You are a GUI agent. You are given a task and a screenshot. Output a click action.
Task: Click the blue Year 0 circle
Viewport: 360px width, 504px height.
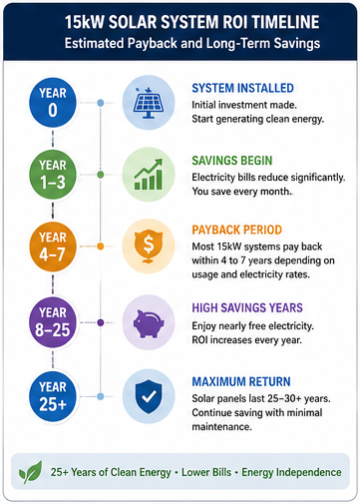click(x=53, y=103)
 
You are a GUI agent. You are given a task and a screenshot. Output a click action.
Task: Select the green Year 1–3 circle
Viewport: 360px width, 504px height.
click(x=53, y=175)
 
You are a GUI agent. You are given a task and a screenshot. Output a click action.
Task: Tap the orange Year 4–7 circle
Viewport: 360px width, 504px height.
click(x=53, y=247)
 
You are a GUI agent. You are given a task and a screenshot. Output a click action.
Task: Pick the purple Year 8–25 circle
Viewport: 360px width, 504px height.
click(x=53, y=322)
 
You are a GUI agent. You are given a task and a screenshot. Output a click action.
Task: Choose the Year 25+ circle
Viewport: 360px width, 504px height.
click(x=53, y=396)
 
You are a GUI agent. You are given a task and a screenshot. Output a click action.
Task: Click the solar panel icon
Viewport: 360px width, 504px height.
click(x=149, y=103)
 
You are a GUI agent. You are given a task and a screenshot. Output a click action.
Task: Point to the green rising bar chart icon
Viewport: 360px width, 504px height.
click(x=149, y=175)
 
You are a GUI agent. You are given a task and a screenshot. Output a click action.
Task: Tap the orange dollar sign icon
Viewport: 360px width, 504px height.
click(x=149, y=247)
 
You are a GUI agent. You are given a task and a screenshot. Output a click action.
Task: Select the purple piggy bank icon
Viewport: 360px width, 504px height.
click(x=149, y=323)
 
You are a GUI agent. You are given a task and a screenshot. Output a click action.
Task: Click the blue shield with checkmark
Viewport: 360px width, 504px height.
click(x=149, y=396)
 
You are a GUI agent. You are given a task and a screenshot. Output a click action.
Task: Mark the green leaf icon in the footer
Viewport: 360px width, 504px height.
click(x=31, y=472)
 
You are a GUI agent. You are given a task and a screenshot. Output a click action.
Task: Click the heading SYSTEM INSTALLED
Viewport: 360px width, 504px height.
click(x=242, y=88)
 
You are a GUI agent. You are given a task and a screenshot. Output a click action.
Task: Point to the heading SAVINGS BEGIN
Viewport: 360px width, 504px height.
click(x=232, y=161)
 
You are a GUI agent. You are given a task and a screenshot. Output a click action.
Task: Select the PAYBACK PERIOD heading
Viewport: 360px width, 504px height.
click(x=236, y=230)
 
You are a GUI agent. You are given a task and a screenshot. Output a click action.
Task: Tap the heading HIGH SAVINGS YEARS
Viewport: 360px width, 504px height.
click(x=247, y=308)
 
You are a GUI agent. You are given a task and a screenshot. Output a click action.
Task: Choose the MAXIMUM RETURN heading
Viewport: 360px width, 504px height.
click(x=241, y=381)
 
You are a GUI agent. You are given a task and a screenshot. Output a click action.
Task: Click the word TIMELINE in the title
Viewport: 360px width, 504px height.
click(x=285, y=22)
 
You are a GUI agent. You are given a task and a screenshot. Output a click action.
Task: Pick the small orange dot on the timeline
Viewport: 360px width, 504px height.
click(x=101, y=247)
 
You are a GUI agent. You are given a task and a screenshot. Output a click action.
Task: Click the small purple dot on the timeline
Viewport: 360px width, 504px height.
click(x=101, y=322)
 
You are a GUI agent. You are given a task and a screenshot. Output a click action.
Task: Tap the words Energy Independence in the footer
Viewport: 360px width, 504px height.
click(x=291, y=472)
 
